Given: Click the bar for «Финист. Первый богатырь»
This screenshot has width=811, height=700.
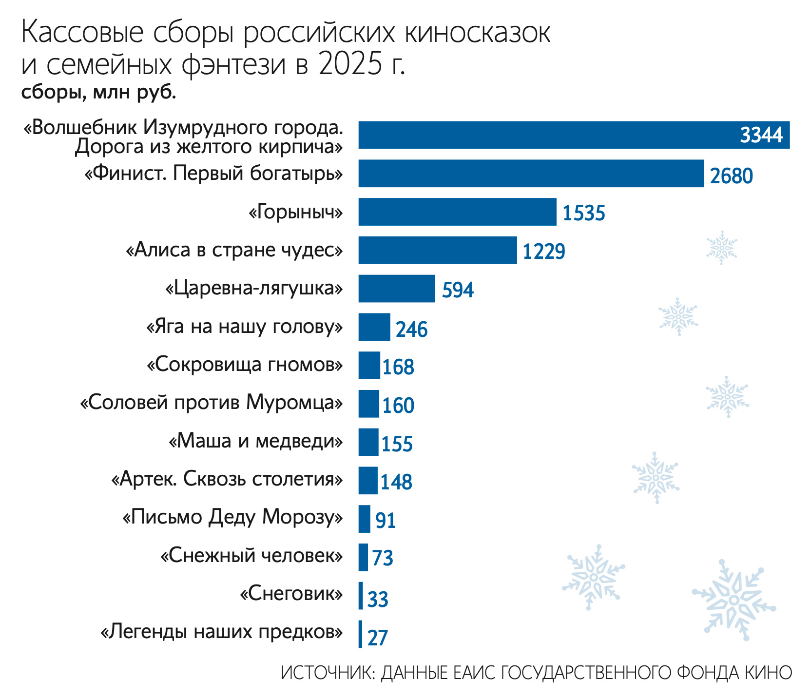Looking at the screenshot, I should [x=531, y=173].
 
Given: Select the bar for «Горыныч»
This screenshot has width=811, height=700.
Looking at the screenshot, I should [x=457, y=212].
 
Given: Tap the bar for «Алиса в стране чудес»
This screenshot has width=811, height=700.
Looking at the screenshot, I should [x=438, y=250].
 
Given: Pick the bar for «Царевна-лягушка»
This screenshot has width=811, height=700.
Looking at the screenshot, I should [x=397, y=289].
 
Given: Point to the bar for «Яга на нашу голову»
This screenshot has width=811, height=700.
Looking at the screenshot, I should [x=374, y=327].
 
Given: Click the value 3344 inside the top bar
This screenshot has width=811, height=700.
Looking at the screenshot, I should [x=761, y=135].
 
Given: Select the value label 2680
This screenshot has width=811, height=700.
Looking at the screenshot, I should [x=731, y=175].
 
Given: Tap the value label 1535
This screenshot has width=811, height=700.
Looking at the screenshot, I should [x=583, y=214].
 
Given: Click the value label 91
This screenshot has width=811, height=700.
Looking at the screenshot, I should [x=385, y=521].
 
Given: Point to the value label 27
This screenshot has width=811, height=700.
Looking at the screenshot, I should [x=377, y=638].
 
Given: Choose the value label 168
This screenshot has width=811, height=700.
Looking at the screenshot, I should [x=398, y=367].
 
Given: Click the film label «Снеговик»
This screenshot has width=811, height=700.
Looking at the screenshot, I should [x=291, y=594].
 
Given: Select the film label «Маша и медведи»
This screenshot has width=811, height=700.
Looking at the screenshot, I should [x=256, y=441].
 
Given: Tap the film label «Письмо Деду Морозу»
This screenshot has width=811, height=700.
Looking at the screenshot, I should [x=232, y=517].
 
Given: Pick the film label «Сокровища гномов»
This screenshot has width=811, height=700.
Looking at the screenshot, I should [x=245, y=364].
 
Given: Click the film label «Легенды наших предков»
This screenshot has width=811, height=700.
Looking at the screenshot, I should [x=221, y=632].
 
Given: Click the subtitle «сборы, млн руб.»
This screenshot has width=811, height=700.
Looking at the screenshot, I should [x=98, y=92].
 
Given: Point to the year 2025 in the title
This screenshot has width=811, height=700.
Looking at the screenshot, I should [x=350, y=65].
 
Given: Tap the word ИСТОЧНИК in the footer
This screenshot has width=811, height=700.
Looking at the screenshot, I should [x=326, y=673].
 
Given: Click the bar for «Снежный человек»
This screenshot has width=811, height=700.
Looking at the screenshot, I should [x=363, y=557].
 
